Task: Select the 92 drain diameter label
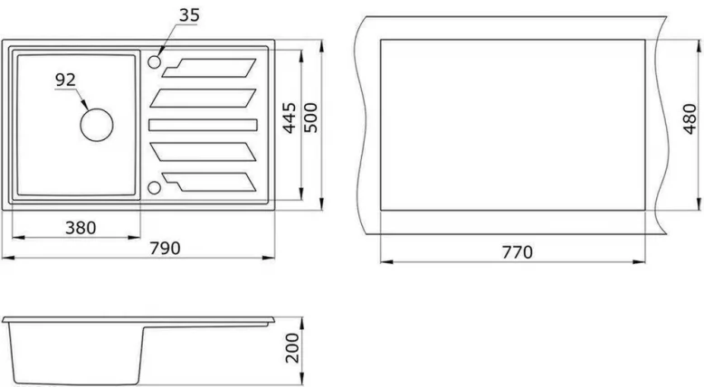click(65, 80)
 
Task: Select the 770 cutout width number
click(512, 250)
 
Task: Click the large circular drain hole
click(96, 123)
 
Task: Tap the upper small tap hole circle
click(154, 62)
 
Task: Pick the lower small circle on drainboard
click(154, 187)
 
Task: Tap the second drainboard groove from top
click(204, 96)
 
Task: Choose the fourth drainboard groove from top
click(204, 152)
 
